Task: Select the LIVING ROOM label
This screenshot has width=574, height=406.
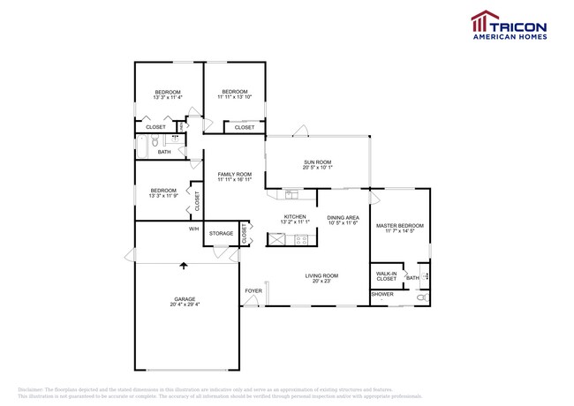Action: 322,275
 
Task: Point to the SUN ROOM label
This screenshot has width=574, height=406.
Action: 318,162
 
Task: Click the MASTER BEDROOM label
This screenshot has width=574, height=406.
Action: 400,226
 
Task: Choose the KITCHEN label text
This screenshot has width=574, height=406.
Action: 294,216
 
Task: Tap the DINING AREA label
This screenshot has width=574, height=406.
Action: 343,217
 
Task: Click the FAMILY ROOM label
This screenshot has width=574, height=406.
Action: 235,174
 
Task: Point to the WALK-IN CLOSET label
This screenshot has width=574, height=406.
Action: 386,275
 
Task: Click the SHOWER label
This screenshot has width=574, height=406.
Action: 382,294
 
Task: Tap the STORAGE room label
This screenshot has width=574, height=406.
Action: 221,234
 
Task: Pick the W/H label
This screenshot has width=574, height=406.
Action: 193,229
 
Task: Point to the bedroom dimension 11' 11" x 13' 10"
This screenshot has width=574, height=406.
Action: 235,98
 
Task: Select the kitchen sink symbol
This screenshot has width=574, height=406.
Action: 291,194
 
